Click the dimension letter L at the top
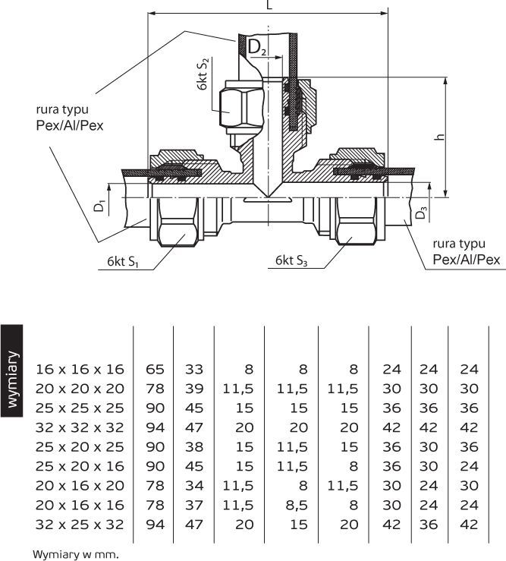click(269, 5)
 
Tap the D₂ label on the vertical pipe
click(257, 47)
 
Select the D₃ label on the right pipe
click(421, 213)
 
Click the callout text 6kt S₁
click(123, 262)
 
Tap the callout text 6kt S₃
click(291, 260)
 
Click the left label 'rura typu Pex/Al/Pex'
click(70, 118)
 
